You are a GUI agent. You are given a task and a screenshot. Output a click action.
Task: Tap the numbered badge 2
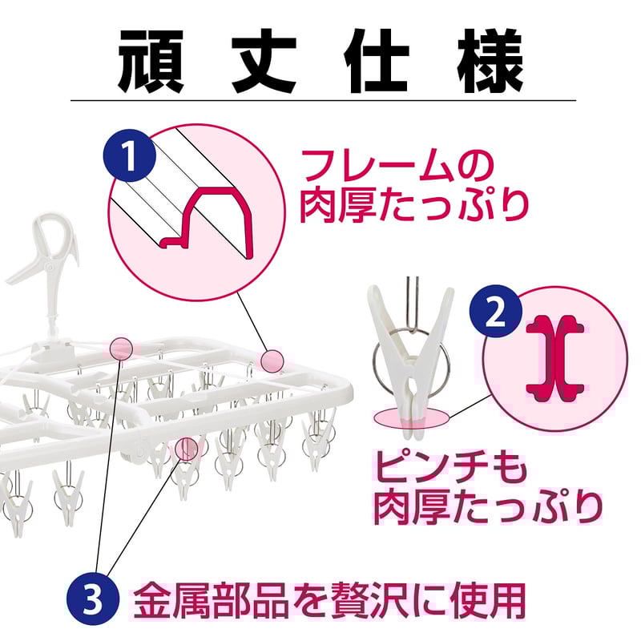tap(498, 314)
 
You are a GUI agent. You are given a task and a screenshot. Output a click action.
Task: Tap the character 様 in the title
tap(490, 61)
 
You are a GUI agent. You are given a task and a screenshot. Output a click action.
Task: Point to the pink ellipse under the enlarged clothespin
tap(411, 415)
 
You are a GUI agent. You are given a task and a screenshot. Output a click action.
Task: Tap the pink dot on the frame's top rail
tap(121, 348)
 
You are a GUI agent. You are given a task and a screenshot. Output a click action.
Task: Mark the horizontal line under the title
tap(320, 100)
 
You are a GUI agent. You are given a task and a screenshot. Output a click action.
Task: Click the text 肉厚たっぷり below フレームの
tap(415, 205)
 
